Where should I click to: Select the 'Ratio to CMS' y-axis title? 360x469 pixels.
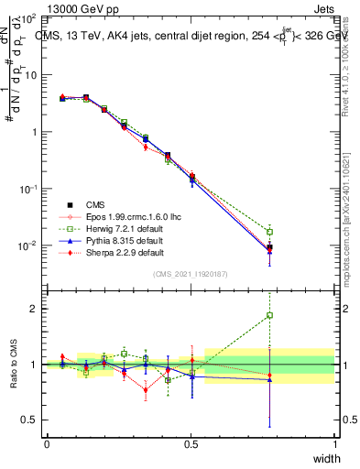(x=15, y=364)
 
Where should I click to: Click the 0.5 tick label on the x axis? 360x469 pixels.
(x=191, y=444)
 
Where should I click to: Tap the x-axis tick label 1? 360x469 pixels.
(x=335, y=444)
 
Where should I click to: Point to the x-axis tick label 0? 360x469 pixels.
(x=47, y=444)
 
